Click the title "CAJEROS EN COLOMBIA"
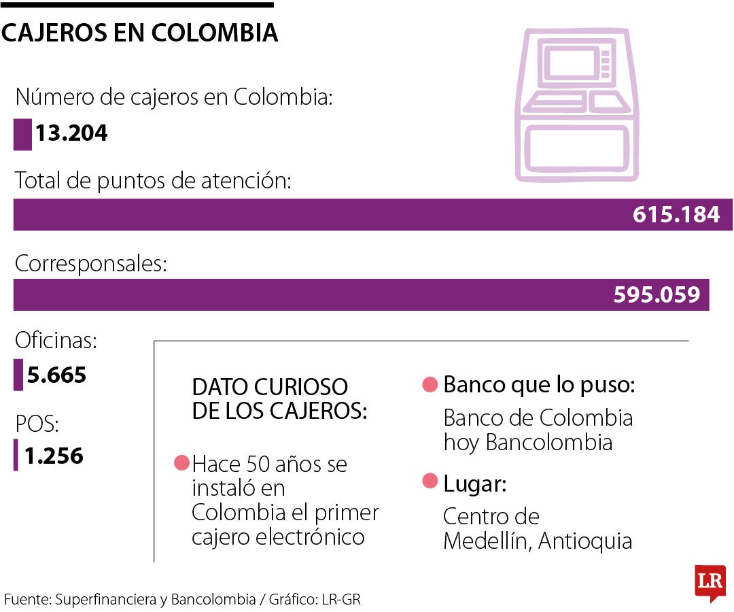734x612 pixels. (x=139, y=32)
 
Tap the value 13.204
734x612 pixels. (x=71, y=133)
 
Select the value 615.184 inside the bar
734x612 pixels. (x=676, y=215)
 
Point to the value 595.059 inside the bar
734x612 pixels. (x=657, y=294)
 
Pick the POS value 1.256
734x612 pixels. (x=54, y=456)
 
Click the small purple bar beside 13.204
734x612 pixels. (x=22, y=134)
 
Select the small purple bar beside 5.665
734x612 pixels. (x=18, y=375)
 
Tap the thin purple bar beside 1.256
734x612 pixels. (x=16, y=456)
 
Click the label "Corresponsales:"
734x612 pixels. (x=90, y=264)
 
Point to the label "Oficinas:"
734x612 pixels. (x=56, y=341)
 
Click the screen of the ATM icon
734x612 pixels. (x=570, y=66)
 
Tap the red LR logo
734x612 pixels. (x=710, y=582)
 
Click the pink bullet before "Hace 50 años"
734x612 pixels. (x=181, y=463)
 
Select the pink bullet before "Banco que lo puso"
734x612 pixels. (x=430, y=385)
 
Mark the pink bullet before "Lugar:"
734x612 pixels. (x=430, y=482)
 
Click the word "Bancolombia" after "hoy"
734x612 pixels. (x=549, y=443)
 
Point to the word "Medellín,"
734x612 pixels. (x=487, y=541)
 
